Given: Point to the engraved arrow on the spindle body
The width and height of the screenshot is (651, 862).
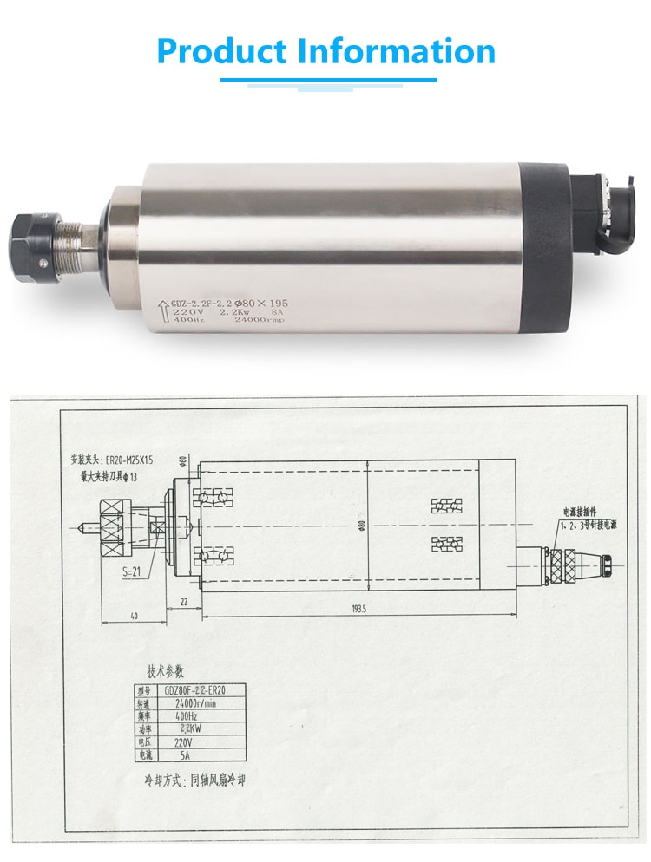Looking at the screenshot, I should tap(161, 310).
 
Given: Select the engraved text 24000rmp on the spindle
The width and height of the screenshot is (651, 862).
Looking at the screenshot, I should tap(260, 321).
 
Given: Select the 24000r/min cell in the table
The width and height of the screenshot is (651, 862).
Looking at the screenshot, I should tap(195, 703).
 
